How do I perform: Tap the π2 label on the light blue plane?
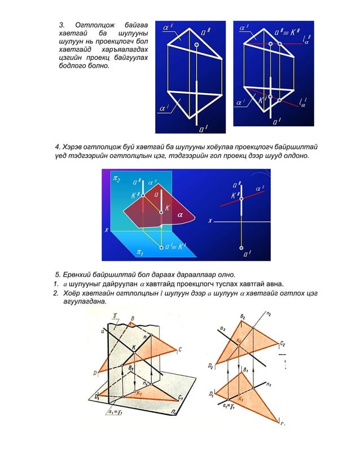tap(117, 179)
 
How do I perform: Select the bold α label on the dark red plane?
tap(180, 215)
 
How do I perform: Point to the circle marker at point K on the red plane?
tap(161, 212)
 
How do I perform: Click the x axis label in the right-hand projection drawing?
tap(210, 221)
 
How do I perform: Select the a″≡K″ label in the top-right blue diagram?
tap(287, 32)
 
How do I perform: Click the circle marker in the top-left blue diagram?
tap(196, 44)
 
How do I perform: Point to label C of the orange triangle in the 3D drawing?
tap(180, 349)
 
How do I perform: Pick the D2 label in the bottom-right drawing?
tap(210, 367)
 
